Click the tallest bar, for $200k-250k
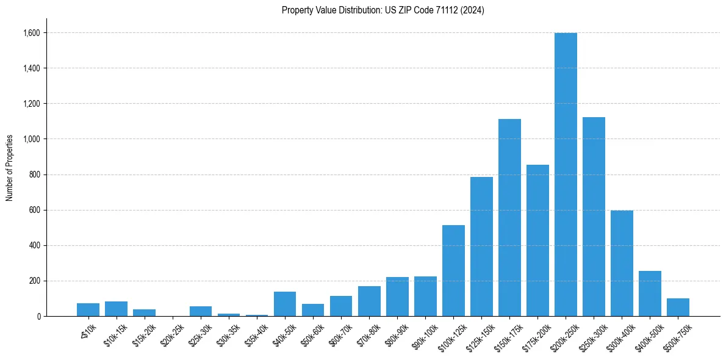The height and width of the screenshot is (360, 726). coord(566,175)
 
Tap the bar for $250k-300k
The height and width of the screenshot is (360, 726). coord(594,217)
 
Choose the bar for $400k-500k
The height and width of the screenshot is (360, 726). coord(650,293)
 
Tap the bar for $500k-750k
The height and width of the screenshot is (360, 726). coord(678,308)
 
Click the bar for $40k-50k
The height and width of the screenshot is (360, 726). coord(285,304)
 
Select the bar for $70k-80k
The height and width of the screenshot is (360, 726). coord(369,301)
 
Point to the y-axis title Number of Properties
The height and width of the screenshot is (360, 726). coord(10,167)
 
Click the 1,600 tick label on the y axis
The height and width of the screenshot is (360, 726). coord(32,33)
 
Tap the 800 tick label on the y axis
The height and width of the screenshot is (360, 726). coord(35,175)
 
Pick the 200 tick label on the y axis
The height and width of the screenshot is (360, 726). coord(35,281)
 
